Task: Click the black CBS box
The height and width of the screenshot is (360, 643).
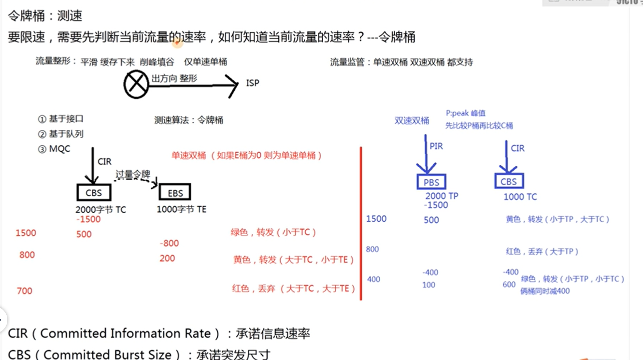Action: pyautogui.click(x=94, y=192)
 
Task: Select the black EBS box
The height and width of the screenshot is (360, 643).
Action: pyautogui.click(x=175, y=192)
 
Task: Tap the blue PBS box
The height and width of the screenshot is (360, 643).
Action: pyautogui.click(x=431, y=182)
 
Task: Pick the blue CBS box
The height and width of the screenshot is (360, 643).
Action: pyautogui.click(x=509, y=182)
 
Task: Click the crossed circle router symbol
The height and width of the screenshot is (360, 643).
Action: pyautogui.click(x=136, y=85)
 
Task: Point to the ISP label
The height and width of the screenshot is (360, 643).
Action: pyautogui.click(x=253, y=83)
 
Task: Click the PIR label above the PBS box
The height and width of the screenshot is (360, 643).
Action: pyautogui.click(x=436, y=146)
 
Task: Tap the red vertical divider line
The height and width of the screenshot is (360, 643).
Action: pyautogui.click(x=361, y=222)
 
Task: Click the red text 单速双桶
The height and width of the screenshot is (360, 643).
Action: pyautogui.click(x=188, y=156)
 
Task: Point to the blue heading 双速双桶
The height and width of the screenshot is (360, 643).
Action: pyautogui.click(x=412, y=121)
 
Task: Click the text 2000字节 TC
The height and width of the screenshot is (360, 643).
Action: pyautogui.click(x=100, y=210)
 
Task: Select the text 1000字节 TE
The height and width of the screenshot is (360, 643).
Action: pyautogui.click(x=182, y=209)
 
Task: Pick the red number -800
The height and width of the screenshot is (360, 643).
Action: pyautogui.click(x=169, y=243)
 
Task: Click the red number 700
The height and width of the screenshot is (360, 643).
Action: pyautogui.click(x=24, y=291)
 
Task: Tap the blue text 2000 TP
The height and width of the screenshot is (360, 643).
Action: pyautogui.click(x=442, y=196)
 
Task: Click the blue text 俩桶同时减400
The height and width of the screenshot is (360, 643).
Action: pyautogui.click(x=545, y=291)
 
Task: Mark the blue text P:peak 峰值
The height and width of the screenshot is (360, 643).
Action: pyautogui.click(x=465, y=113)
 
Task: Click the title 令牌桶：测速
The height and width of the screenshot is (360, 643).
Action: pyautogui.click(x=45, y=16)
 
